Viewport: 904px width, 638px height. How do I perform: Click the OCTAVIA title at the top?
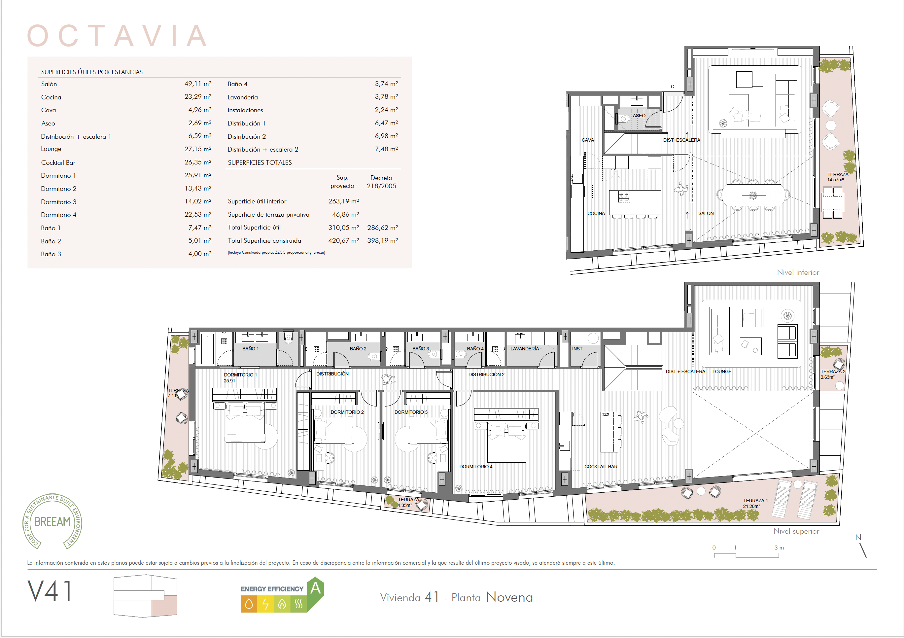(117, 35)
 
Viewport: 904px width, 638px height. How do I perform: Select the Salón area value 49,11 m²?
(198, 84)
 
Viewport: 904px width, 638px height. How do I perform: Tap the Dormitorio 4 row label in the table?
(59, 215)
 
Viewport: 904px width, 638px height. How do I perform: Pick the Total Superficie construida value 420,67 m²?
(343, 241)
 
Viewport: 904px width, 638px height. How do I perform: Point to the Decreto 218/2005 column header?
(381, 182)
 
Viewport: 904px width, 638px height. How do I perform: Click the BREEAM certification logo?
(52, 521)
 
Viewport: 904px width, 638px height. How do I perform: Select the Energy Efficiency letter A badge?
(315, 588)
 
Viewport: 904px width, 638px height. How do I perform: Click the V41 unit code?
(50, 591)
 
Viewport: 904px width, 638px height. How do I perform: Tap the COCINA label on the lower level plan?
(596, 213)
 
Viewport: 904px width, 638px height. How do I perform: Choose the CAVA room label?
(587, 140)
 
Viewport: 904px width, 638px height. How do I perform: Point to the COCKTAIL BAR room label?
(601, 467)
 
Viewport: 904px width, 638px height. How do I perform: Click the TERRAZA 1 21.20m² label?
(755, 504)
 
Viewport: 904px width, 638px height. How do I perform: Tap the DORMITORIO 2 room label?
(347, 412)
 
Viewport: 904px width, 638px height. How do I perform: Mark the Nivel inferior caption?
(798, 272)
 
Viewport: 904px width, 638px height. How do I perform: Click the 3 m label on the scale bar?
(779, 548)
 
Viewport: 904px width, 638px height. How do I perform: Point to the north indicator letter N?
(858, 538)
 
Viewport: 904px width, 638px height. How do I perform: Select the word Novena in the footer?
(509, 597)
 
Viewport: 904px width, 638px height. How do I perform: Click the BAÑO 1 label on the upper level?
(250, 349)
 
